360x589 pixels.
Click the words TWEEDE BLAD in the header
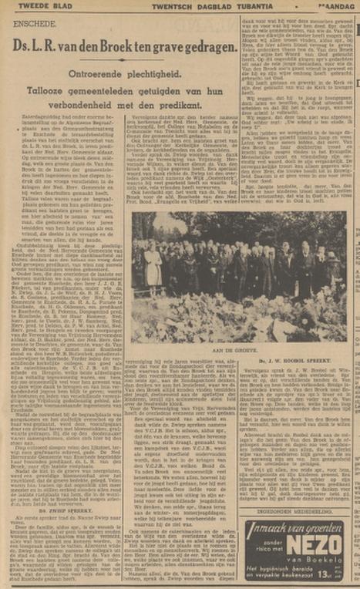pyautogui.click(x=31, y=7)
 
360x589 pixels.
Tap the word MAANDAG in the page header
pyautogui.click(x=338, y=7)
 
